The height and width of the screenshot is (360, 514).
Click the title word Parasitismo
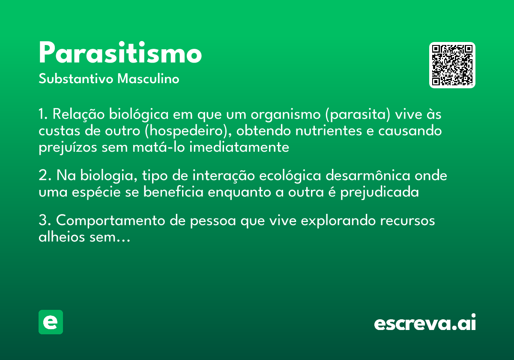click(120, 54)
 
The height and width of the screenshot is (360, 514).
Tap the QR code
click(452, 65)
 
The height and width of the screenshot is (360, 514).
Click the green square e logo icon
click(51, 322)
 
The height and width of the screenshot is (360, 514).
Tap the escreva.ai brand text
click(425, 323)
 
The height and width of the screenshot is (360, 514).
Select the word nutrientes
click(319, 131)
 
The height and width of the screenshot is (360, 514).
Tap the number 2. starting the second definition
click(45, 176)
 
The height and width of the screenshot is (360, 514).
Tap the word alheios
click(58, 237)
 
